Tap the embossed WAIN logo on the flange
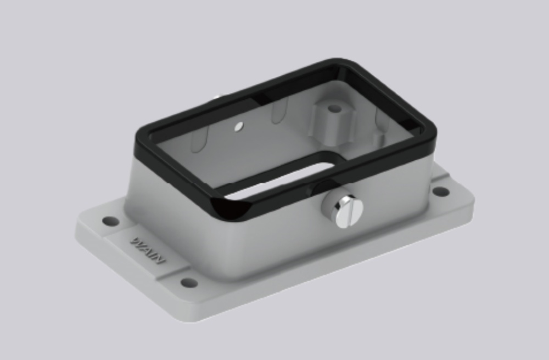pyautogui.click(x=147, y=248)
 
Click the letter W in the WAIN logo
pyautogui.click(x=134, y=241)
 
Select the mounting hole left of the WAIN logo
pyautogui.click(x=110, y=221)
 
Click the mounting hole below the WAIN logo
pyautogui.click(x=189, y=283)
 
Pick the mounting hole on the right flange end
pyautogui.click(x=440, y=192)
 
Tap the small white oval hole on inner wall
pyautogui.click(x=238, y=127)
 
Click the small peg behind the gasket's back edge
pyautogui.click(x=215, y=98)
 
